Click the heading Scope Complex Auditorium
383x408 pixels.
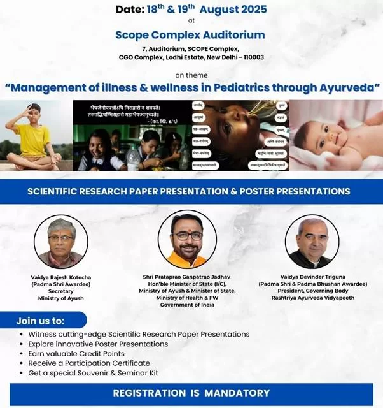(190, 34)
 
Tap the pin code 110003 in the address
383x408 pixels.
(251, 57)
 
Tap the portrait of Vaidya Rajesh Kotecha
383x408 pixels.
(61, 241)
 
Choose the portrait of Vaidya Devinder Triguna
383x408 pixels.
(311, 241)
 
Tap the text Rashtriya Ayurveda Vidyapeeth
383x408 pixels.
(311, 298)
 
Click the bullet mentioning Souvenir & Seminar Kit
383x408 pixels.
(94, 373)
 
